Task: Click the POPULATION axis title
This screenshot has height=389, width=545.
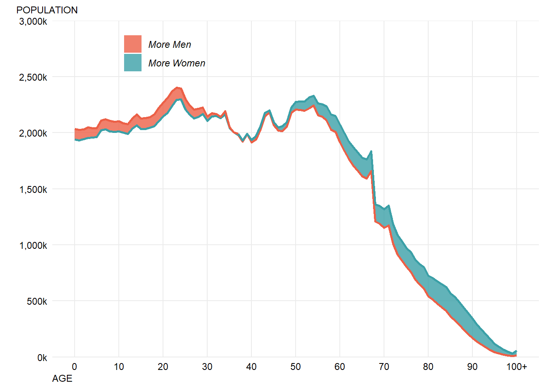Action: pos(47,10)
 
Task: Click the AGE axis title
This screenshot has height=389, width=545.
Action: pos(62,378)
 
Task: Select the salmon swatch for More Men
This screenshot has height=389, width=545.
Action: pos(133,44)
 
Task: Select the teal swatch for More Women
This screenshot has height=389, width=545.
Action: pos(133,63)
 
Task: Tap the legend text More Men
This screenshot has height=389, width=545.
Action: pos(170,45)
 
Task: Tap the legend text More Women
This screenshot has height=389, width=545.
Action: pos(177,63)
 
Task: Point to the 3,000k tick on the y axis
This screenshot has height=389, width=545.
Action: pos(33,21)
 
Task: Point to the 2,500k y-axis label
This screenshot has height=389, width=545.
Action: pos(33,77)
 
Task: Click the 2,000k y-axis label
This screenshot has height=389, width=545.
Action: pos(33,133)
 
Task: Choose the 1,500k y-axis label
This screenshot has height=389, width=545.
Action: pos(33,190)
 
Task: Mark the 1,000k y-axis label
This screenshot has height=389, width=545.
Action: pos(33,246)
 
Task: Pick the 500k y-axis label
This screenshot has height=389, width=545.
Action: pos(36,301)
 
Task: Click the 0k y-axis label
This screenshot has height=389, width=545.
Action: pos(42,358)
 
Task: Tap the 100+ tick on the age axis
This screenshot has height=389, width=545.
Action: pos(517,367)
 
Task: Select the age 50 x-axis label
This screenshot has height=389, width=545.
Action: pos(296,367)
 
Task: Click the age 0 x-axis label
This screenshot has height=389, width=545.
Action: pos(75,367)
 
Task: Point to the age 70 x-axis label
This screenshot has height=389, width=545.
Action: pos(384,367)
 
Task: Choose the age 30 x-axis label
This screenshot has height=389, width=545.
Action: pos(207,367)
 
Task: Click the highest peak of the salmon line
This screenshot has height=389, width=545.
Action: pos(177,88)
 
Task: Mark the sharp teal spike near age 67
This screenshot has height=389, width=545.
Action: pos(371,152)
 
